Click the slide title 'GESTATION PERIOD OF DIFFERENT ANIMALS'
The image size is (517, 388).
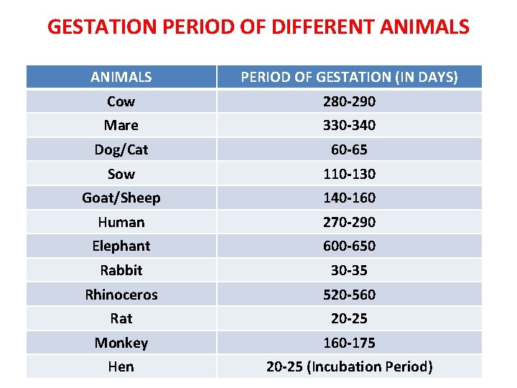tap(258, 27)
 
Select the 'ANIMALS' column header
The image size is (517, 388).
tap(121, 77)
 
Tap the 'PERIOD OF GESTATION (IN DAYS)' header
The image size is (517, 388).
tap(349, 77)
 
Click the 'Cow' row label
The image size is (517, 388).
tap(121, 101)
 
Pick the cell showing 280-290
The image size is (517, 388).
tap(349, 101)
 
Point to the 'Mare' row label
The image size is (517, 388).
tap(121, 125)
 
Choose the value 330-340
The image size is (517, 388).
tap(349, 125)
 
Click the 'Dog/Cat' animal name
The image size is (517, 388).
tap(121, 149)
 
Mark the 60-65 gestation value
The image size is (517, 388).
tap(349, 149)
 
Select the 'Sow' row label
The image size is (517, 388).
tap(121, 174)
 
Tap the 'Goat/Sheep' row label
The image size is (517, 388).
tap(121, 198)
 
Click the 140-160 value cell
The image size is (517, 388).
tap(349, 198)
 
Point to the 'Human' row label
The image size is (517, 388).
tap(121, 222)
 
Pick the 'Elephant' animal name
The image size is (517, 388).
tap(121, 246)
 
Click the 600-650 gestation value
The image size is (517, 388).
tap(349, 246)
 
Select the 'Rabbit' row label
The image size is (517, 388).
tap(121, 270)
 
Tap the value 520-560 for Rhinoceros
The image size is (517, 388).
tap(349, 295)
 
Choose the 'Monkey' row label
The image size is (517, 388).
tap(121, 343)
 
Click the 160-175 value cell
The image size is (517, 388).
tap(349, 343)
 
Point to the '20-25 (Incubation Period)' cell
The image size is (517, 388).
tap(349, 366)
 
